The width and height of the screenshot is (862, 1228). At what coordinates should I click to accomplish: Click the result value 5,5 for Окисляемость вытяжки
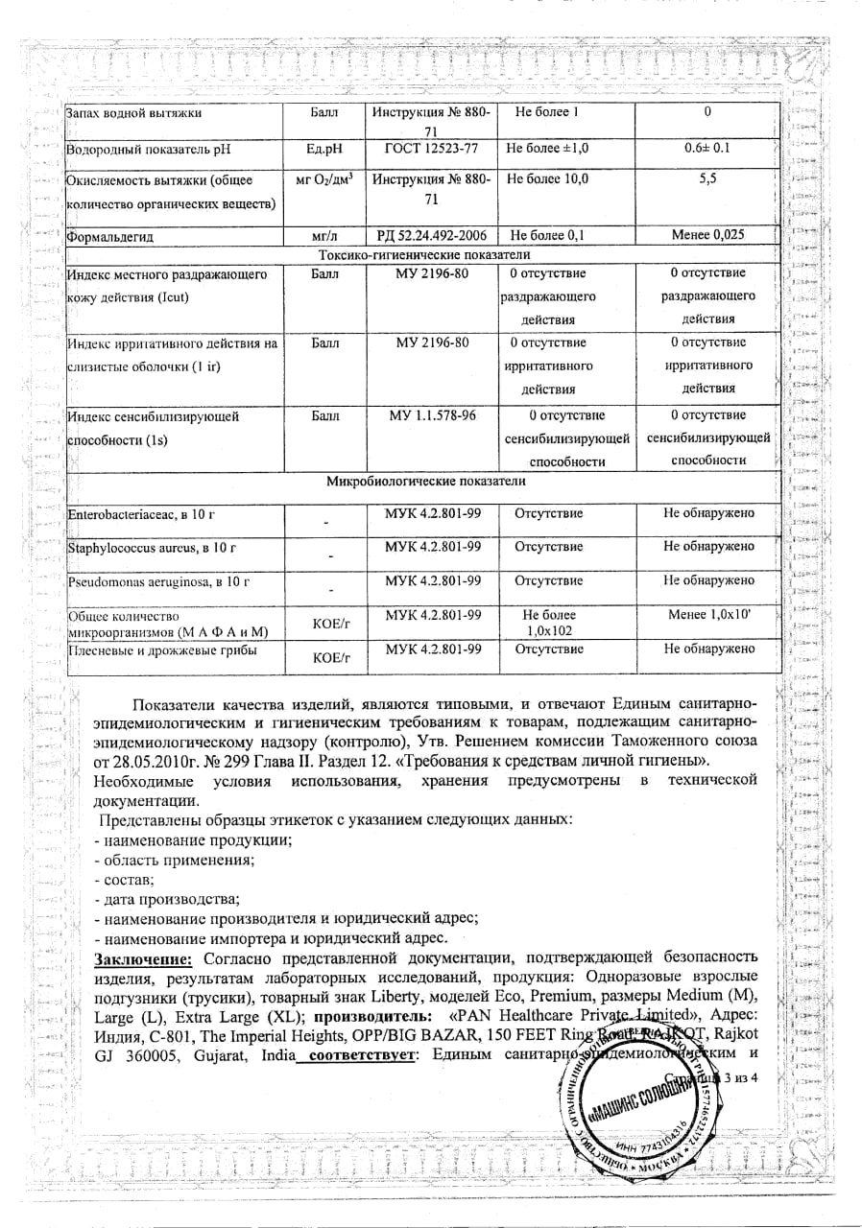click(707, 179)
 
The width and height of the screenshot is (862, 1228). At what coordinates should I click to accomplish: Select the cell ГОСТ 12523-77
click(431, 148)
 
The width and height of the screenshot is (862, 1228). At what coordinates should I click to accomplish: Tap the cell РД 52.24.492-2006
click(431, 235)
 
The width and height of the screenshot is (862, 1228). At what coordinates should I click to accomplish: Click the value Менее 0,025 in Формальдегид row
click(707, 235)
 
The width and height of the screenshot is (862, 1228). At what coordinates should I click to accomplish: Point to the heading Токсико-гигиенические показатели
click(424, 254)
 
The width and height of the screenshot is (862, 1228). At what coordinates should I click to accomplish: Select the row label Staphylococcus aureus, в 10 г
click(152, 548)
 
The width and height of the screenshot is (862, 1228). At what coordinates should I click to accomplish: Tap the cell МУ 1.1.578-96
click(431, 415)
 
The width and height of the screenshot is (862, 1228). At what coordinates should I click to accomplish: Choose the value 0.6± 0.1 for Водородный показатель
click(707, 148)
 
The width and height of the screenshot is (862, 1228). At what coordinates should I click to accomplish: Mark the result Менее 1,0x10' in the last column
click(708, 614)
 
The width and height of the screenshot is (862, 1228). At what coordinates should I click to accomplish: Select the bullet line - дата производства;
click(166, 899)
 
